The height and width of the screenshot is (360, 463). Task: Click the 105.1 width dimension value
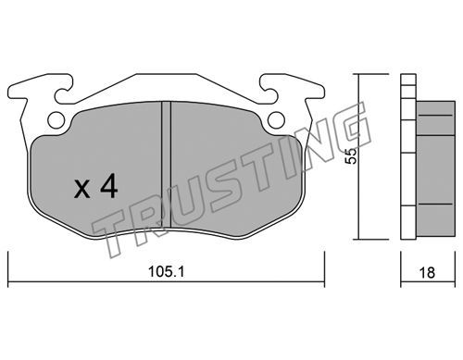click(x=166, y=272)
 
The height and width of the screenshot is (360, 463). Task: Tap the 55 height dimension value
click(x=351, y=156)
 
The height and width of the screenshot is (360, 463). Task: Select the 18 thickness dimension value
click(x=427, y=272)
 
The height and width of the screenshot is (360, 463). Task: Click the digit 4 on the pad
click(x=107, y=186)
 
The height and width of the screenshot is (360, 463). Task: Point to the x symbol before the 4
click(x=82, y=189)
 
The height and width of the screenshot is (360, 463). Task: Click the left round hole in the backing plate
click(x=56, y=119)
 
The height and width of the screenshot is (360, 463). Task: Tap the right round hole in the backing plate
click(x=276, y=119)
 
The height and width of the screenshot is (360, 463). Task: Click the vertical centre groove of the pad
click(x=167, y=165)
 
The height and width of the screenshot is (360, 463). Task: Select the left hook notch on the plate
click(x=63, y=93)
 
